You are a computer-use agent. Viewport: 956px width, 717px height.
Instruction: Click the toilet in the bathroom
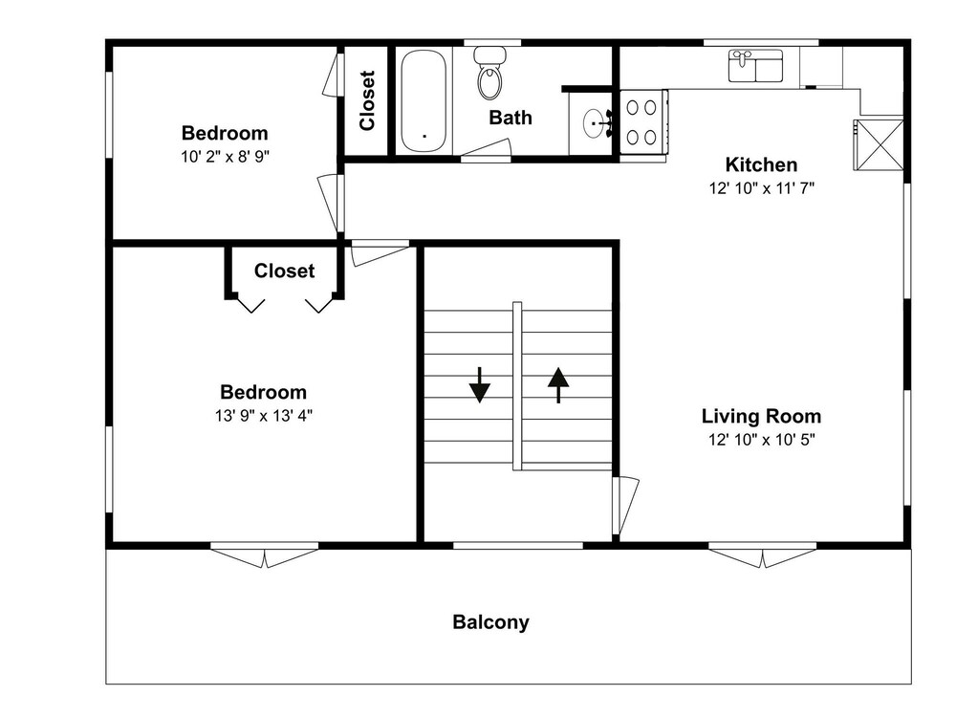pos(490,74)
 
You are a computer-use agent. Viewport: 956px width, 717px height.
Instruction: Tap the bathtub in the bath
pos(424,100)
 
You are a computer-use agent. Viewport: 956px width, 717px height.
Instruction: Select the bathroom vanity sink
pos(595,124)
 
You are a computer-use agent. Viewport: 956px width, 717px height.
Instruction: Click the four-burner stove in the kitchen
pos(643,121)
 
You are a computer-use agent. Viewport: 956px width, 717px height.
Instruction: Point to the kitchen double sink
pos(756,66)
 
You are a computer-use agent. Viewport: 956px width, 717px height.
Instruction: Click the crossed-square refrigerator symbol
pos(878,145)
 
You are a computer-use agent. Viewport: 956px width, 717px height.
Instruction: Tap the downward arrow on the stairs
pos(480,384)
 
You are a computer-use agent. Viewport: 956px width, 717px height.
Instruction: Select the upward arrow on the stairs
pos(558,384)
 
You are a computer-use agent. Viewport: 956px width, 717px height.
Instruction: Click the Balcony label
pos(490,622)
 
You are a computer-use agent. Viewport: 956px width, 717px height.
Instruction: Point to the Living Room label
pos(761,417)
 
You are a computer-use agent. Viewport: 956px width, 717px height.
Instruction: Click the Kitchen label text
pos(761,164)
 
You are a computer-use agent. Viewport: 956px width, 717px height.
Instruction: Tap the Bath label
pos(511,117)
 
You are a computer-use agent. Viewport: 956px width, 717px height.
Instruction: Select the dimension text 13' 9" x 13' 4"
pos(264,416)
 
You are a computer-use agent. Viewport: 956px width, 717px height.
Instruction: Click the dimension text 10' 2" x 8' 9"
pos(225,157)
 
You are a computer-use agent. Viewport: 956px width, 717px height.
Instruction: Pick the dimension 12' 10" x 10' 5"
pos(762,440)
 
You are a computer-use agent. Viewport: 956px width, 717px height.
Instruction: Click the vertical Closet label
pos(367,100)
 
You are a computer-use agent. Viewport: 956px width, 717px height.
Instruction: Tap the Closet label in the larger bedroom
pos(284,271)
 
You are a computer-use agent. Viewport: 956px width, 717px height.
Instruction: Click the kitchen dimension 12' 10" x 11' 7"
pos(762,188)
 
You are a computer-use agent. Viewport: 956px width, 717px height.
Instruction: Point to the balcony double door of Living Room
pos(762,556)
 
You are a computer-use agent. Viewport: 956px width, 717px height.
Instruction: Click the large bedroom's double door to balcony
pos(265,556)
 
